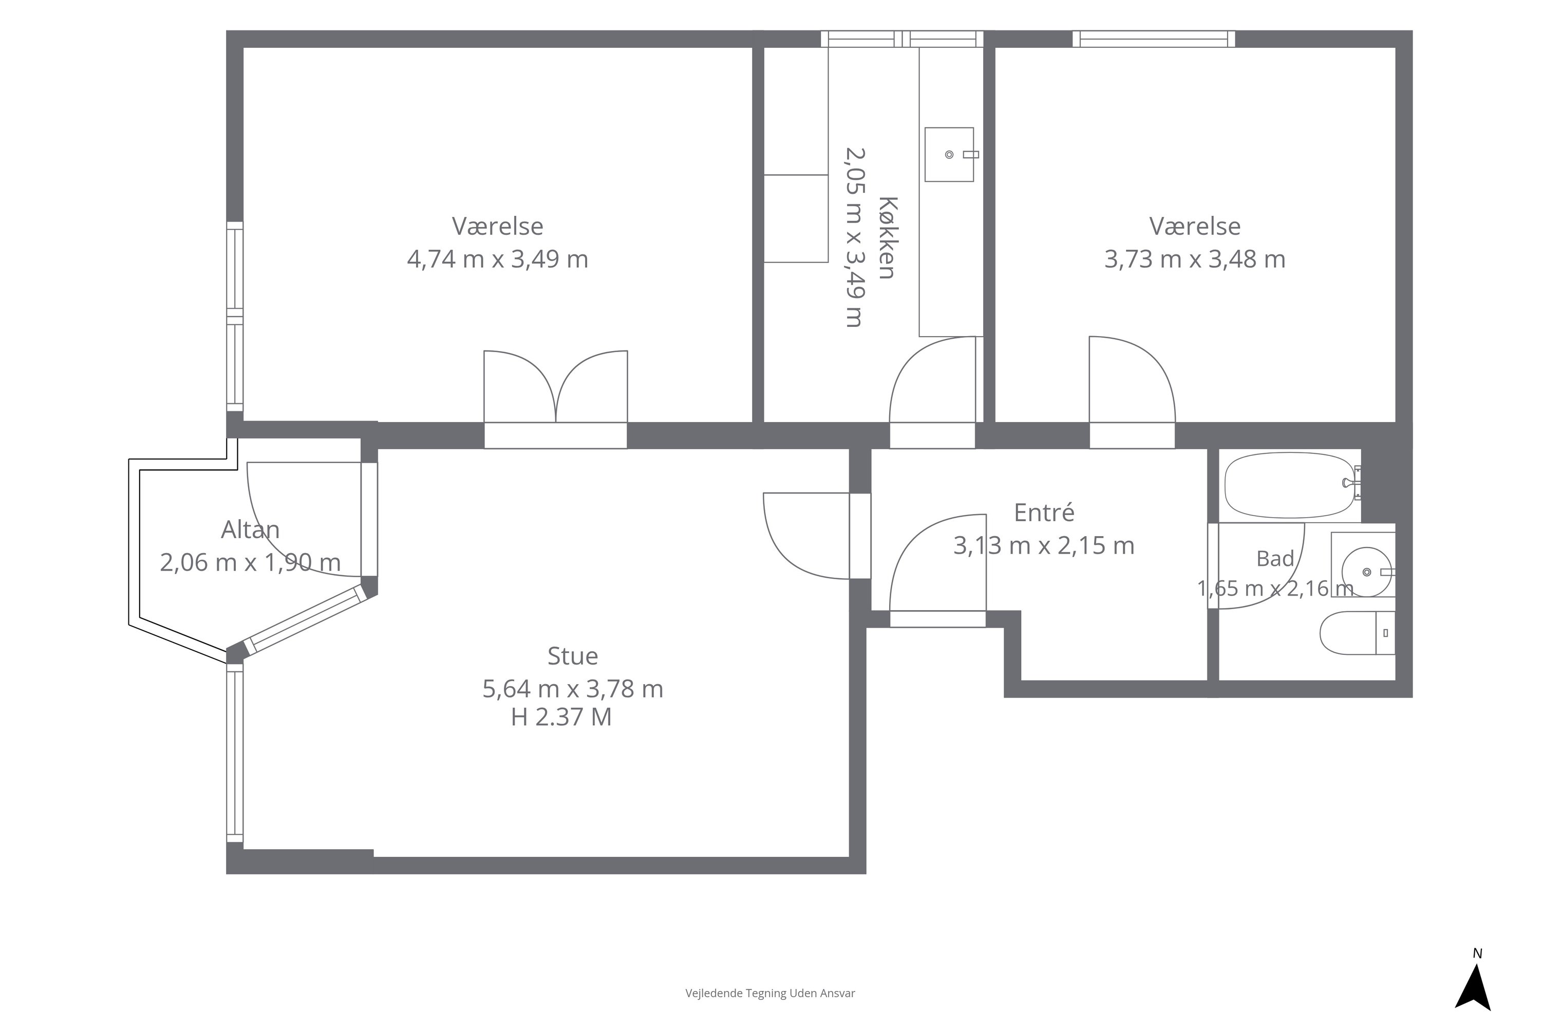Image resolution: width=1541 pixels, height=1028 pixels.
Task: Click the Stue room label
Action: click(573, 656)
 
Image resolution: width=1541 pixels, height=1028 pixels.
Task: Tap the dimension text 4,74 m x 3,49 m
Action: click(497, 259)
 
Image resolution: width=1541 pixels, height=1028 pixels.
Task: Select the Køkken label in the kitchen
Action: click(887, 237)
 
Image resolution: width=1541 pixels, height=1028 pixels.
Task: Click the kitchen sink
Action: click(949, 155)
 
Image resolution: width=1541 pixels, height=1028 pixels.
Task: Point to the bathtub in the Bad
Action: click(1290, 485)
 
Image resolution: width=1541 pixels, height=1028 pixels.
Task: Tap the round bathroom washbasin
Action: click(1367, 573)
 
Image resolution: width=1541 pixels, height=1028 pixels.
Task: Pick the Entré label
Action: click(1044, 512)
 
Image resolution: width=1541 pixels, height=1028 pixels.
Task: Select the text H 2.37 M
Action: click(561, 717)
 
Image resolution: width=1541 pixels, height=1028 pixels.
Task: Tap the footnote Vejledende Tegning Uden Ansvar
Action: click(770, 993)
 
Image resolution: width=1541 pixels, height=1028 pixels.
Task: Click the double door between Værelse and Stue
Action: click(556, 399)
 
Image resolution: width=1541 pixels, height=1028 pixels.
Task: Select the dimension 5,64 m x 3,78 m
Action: click(573, 688)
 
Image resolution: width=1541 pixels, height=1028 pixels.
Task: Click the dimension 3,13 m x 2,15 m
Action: click(1044, 545)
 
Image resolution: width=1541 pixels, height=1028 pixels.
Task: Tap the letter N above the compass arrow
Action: click(1477, 954)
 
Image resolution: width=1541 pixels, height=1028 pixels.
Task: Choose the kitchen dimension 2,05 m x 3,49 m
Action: click(854, 237)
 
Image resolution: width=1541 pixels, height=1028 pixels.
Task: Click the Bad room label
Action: click(1275, 559)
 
